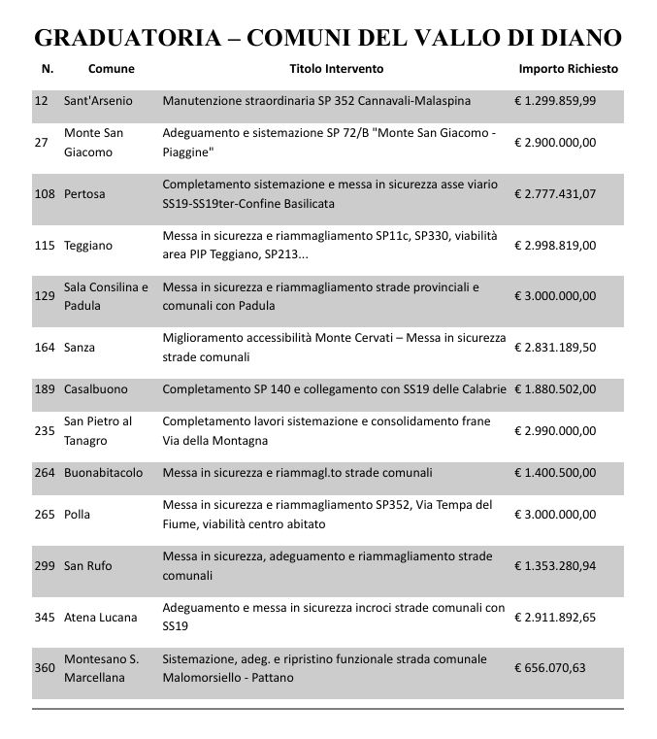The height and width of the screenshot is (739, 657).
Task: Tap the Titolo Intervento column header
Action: point(337,70)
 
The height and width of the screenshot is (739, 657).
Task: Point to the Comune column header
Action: point(111,70)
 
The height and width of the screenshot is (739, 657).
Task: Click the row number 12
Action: point(42,101)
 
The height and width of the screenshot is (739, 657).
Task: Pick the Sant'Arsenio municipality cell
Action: point(98,101)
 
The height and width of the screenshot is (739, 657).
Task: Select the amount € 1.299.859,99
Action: point(555,101)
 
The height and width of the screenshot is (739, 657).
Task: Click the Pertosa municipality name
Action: point(84,193)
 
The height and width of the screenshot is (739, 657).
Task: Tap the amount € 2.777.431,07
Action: point(555,193)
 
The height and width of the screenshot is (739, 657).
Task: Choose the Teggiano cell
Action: point(88,246)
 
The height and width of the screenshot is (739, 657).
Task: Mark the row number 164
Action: point(45,347)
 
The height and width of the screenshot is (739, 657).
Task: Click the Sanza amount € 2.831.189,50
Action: point(555,347)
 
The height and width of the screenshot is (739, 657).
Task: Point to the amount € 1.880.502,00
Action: point(555,389)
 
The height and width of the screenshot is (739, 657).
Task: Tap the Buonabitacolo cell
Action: point(103,473)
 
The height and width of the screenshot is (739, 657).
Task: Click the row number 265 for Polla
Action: point(45,515)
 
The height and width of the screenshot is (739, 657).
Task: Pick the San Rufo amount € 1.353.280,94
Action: point(555,565)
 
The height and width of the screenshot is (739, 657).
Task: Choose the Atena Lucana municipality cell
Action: point(100,617)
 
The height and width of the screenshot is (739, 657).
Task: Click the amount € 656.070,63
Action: point(550,668)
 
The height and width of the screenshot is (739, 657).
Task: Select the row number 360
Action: point(45,668)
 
